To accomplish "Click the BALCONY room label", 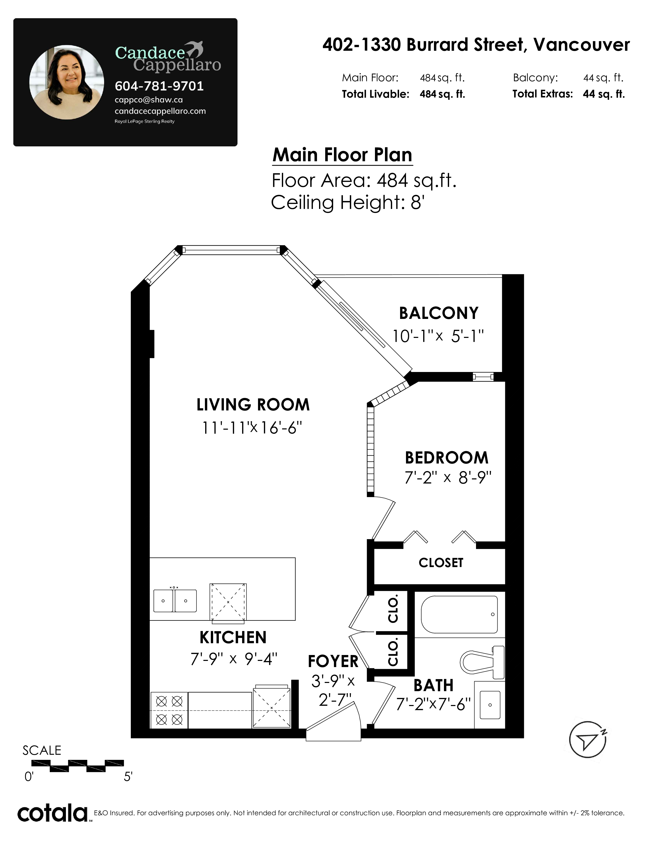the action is (439, 313).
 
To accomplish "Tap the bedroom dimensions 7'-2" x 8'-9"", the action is (448, 478).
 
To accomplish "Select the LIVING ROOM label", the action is (253, 405).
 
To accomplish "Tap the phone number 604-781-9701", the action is (159, 86).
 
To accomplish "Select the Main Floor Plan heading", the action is (342, 155).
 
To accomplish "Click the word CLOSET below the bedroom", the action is (441, 563).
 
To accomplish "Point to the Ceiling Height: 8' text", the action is (348, 203).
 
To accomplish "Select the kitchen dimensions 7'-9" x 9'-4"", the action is (234, 659).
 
